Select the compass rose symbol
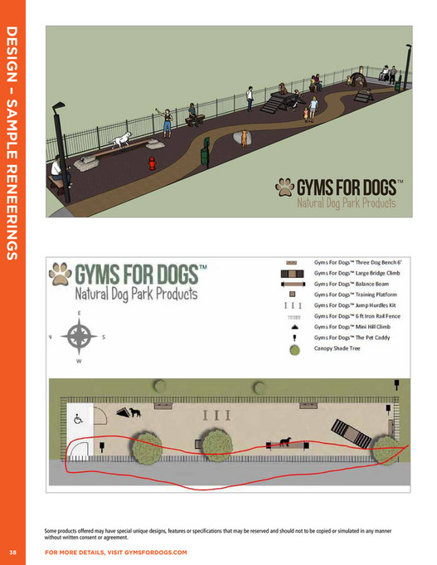tap(80, 337)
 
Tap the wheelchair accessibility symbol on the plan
tap(78, 420)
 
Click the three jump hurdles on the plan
tap(216, 413)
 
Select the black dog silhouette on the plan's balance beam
tap(284, 442)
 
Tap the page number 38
tap(13, 552)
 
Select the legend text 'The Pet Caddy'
tap(348, 338)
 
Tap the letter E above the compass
tap(80, 313)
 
